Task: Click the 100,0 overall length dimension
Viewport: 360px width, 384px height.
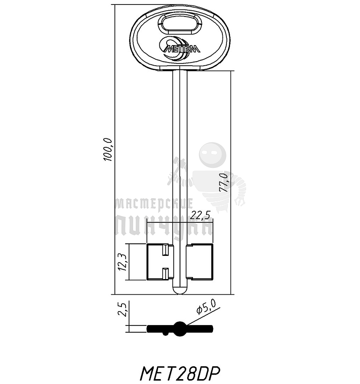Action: pos(108,150)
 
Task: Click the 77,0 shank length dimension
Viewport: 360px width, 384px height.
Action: pos(223,182)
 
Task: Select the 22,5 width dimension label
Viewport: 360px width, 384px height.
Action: pos(200,215)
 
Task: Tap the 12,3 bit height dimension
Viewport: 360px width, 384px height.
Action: pos(123,262)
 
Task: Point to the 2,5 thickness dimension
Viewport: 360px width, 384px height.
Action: pos(122,309)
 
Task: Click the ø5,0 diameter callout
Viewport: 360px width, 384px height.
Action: pos(206,307)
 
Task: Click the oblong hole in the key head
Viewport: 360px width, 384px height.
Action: pos(180,24)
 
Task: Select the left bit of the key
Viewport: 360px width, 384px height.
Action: pos(159,262)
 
